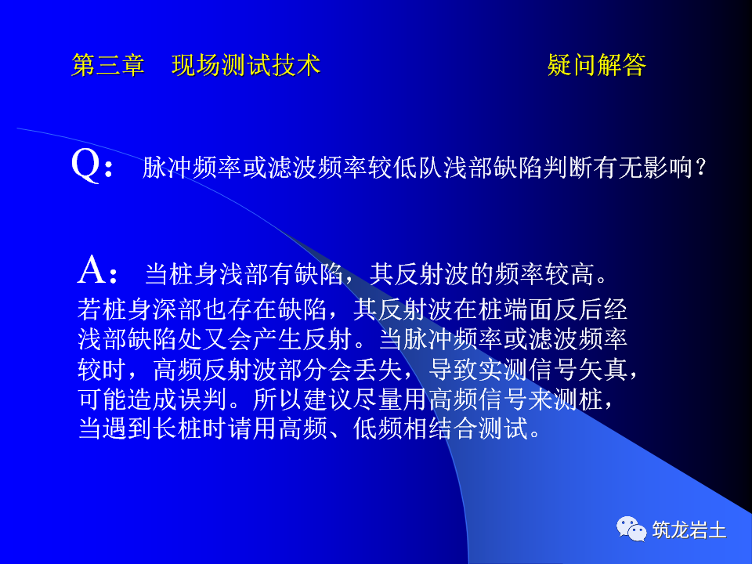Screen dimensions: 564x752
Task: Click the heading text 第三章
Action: [x=108, y=65]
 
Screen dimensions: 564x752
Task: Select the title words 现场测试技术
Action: [x=246, y=65]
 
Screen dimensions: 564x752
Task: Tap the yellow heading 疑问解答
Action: [x=597, y=65]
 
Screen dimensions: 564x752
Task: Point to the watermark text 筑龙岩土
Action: [x=689, y=530]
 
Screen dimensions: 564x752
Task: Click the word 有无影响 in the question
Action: [x=641, y=168]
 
